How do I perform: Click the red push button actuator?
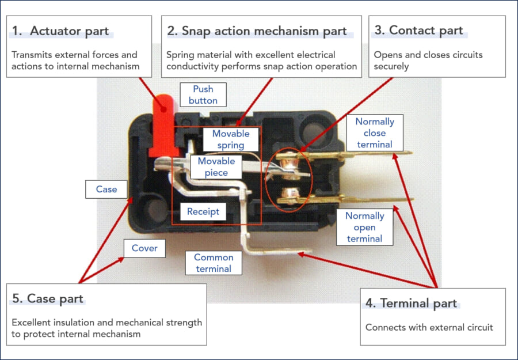click(x=163, y=124)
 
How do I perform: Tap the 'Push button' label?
click(x=203, y=94)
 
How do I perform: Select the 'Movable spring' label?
click(x=231, y=139)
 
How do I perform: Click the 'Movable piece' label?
click(x=216, y=166)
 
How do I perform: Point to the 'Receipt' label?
click(x=203, y=211)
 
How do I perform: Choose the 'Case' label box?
click(x=106, y=189)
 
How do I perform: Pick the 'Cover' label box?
click(x=144, y=248)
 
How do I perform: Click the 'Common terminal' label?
click(x=214, y=263)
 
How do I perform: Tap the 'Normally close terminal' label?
click(x=375, y=133)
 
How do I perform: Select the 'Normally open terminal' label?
click(x=364, y=227)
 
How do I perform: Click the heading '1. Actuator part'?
click(x=61, y=31)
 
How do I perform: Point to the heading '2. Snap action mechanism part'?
click(x=257, y=31)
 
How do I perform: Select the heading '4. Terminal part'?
click(x=411, y=303)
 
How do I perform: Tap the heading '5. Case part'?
click(x=48, y=298)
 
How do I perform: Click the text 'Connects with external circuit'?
click(x=429, y=327)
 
